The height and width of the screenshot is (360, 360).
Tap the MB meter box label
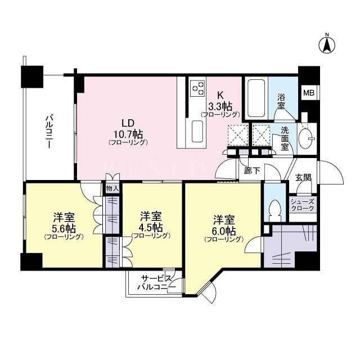(x=309, y=93)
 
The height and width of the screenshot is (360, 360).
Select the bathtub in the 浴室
(x=256, y=98)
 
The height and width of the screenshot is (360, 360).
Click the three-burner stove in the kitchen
(x=198, y=88)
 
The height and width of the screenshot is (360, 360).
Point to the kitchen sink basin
(x=197, y=131)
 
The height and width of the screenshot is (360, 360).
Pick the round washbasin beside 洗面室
(x=307, y=138)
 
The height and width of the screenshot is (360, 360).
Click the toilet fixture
(x=275, y=210)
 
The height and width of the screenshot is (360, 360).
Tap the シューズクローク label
(x=303, y=205)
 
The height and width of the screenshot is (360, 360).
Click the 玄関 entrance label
(x=303, y=178)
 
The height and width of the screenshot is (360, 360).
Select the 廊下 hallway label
(x=252, y=170)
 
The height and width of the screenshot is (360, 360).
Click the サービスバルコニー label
(x=156, y=283)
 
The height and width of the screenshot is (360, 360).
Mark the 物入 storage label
(x=112, y=188)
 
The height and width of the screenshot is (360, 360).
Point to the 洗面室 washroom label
(x=285, y=139)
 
